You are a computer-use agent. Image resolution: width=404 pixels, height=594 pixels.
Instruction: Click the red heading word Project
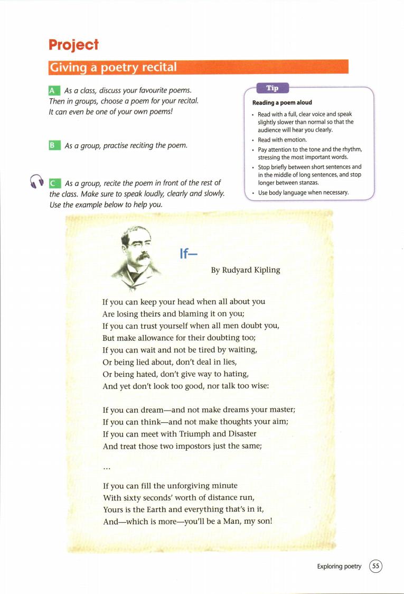[x=73, y=45]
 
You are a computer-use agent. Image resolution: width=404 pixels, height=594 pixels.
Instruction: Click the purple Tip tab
[x=271, y=88]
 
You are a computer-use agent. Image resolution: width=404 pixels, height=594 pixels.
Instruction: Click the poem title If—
[x=189, y=254]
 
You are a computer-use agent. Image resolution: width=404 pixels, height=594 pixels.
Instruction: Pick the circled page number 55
[x=375, y=566]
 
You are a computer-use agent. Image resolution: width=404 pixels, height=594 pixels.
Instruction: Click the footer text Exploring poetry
[x=339, y=567]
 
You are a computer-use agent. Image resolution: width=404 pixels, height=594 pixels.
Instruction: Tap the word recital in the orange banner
[x=156, y=68]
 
